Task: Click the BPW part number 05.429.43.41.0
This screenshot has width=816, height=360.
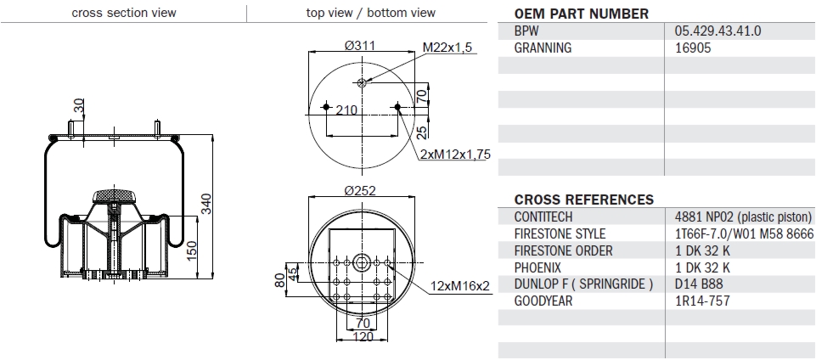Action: click(718, 31)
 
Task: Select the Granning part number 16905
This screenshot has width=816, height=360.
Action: click(693, 48)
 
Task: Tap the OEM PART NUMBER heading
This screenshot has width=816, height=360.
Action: click(582, 14)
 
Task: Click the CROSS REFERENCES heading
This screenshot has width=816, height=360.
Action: click(584, 200)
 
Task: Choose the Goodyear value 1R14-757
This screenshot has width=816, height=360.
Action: click(702, 301)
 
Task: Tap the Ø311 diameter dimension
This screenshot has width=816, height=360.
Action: click(361, 46)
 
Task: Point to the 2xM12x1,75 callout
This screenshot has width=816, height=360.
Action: click(455, 154)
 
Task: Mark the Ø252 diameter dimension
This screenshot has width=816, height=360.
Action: click(361, 190)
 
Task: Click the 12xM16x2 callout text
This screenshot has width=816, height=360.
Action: click(459, 285)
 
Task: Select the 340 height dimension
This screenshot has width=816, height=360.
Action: click(205, 205)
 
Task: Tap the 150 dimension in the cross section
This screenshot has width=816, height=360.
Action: click(192, 250)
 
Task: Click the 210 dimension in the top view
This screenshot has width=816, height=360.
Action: click(346, 110)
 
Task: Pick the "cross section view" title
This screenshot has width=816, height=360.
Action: click(123, 13)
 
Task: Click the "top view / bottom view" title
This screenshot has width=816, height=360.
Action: click(371, 13)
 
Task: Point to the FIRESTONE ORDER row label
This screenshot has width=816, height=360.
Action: click(563, 250)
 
